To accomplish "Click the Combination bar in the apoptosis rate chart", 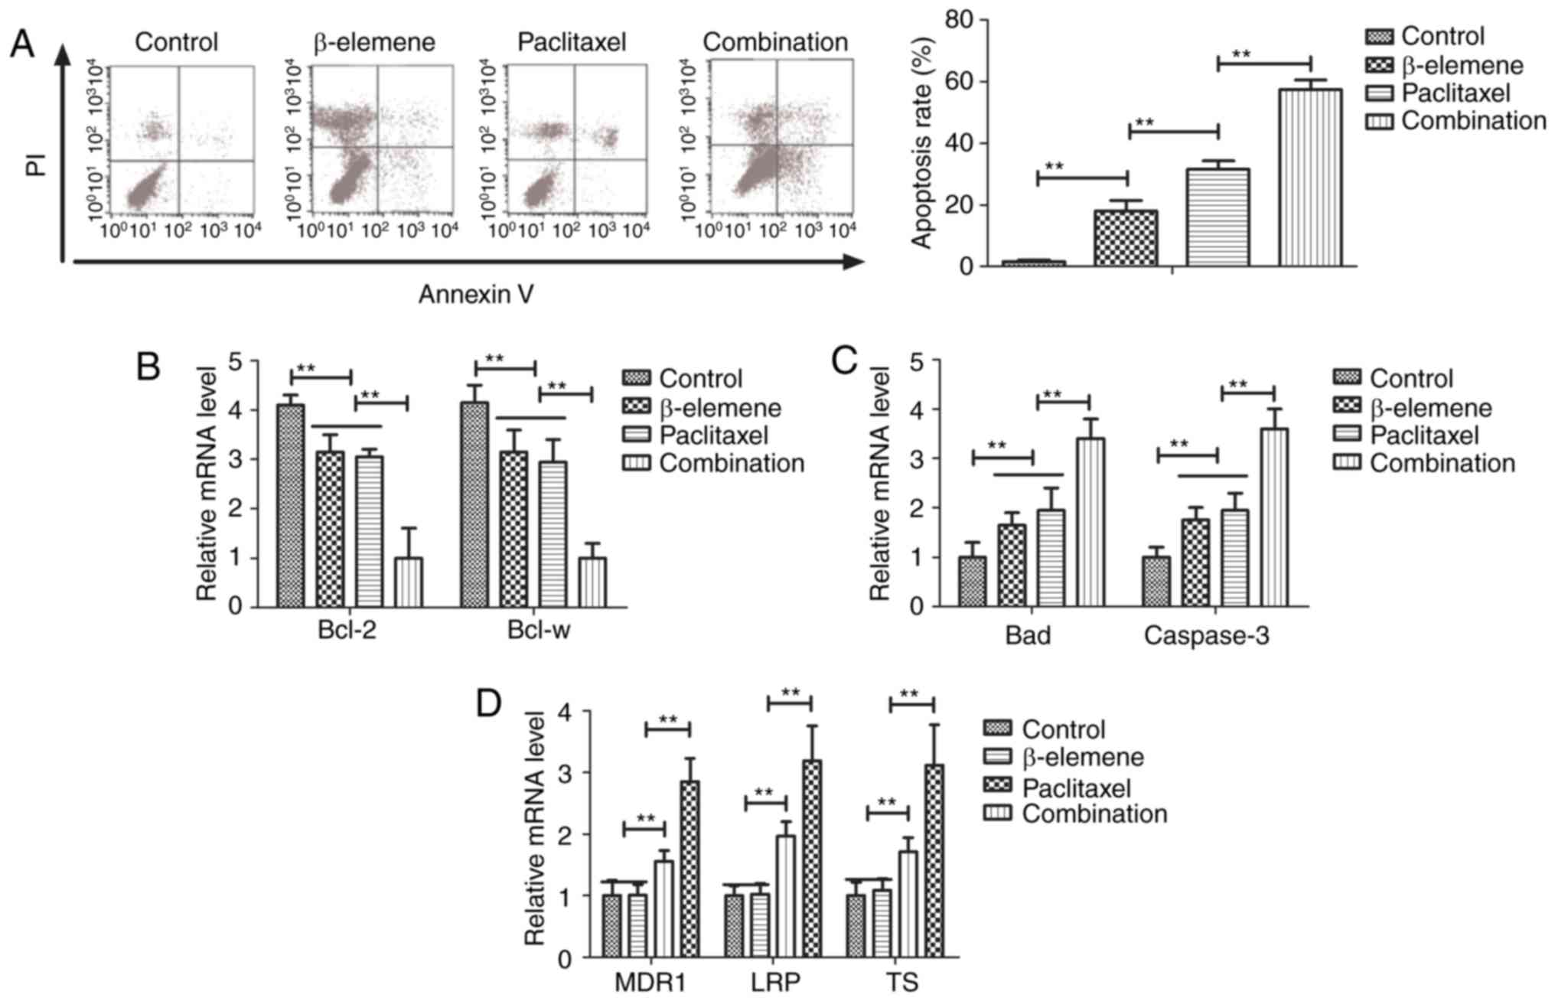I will point(1311,178).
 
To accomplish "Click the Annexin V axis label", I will point(475,294).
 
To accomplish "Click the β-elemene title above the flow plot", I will point(374,42).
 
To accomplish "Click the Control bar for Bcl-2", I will point(290,505).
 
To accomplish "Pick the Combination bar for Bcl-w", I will point(592,582).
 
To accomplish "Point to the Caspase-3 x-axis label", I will point(1206,635).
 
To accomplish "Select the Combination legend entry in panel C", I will point(1441,463).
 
